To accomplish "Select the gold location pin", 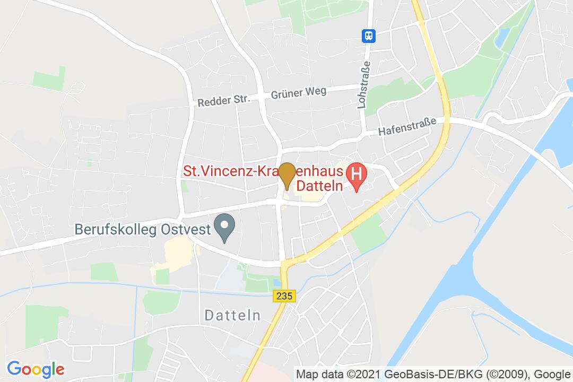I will pos(287,175).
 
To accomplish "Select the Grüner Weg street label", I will pos(298,93).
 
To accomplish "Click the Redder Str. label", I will pos(222,100).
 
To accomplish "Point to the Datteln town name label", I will pos(232,316).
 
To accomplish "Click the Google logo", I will pos(36,369).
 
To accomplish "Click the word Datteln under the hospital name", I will pos(318,186).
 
